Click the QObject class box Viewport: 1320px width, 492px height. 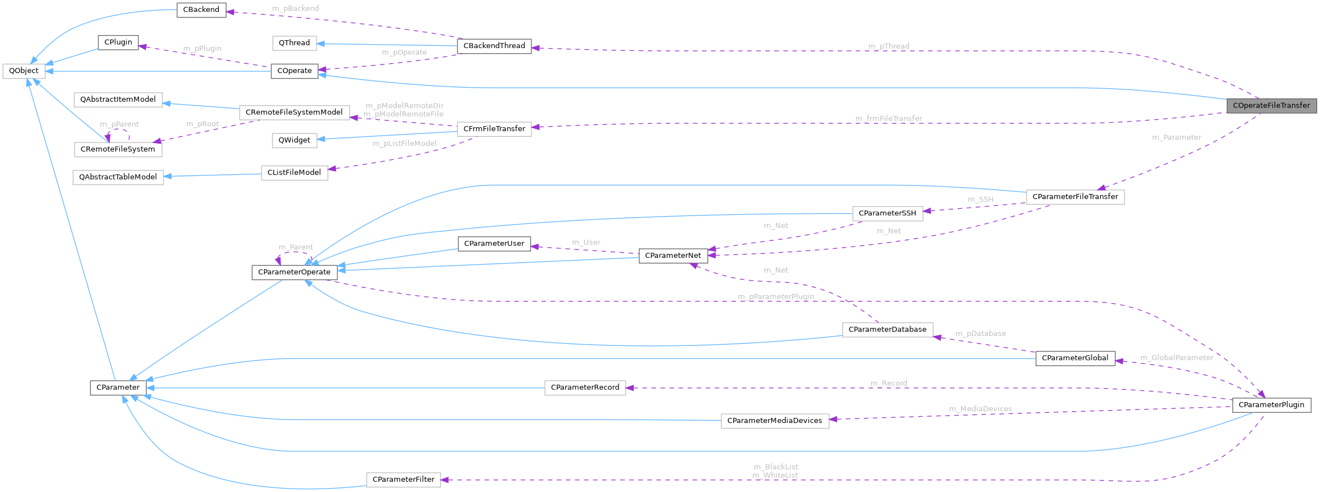point(24,71)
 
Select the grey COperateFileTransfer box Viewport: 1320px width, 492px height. point(1271,106)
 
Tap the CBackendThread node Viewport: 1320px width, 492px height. point(494,46)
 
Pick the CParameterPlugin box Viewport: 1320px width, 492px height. point(1271,405)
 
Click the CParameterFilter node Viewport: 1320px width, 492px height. point(403,480)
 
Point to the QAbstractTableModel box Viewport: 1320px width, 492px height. point(118,177)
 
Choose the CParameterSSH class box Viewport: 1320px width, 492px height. point(887,213)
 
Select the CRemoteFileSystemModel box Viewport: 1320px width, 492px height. point(294,113)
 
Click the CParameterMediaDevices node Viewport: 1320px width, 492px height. point(774,421)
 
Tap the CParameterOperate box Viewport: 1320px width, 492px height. point(294,272)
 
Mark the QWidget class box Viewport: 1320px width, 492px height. point(294,140)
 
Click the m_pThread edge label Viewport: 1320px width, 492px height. point(889,46)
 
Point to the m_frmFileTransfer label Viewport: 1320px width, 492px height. point(889,119)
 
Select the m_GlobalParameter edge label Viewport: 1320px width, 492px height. point(1176,357)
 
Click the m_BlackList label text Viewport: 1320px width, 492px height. point(776,467)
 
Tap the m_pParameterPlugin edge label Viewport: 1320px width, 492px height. point(776,297)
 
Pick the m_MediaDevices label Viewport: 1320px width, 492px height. point(980,409)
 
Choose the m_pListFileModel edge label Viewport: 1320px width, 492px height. point(404,144)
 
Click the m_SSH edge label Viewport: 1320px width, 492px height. point(980,200)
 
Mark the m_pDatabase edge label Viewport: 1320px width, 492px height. point(980,334)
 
